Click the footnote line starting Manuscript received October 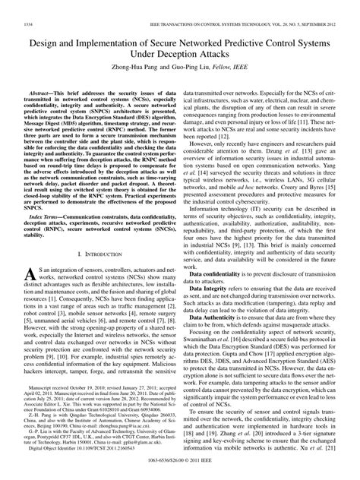pos(99,408)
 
